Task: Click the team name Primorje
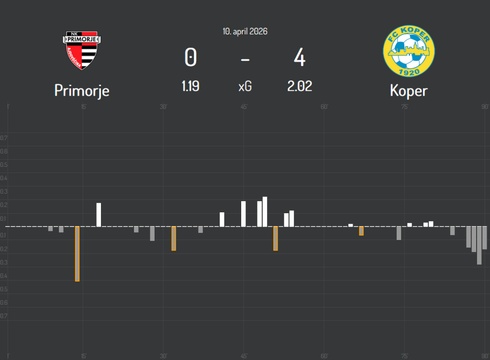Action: [x=82, y=90]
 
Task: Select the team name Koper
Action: [x=408, y=90]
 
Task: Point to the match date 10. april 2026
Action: [x=245, y=32]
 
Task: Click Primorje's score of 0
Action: [x=190, y=58]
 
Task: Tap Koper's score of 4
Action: [x=300, y=58]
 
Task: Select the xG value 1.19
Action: [x=190, y=87]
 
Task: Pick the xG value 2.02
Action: [x=300, y=87]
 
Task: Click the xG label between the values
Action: [x=245, y=87]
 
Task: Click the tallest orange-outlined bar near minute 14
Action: [x=78, y=253]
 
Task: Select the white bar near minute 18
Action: [x=99, y=215]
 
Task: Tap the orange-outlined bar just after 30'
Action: [x=174, y=238]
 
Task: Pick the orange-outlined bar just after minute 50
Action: [x=276, y=238]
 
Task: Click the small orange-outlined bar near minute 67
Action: [x=361, y=231]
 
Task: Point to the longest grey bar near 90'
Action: [x=479, y=245]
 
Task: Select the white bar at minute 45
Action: [x=244, y=214]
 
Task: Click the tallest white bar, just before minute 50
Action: [x=265, y=211]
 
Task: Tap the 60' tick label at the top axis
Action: [x=324, y=106]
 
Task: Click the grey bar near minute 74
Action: [x=399, y=233]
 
